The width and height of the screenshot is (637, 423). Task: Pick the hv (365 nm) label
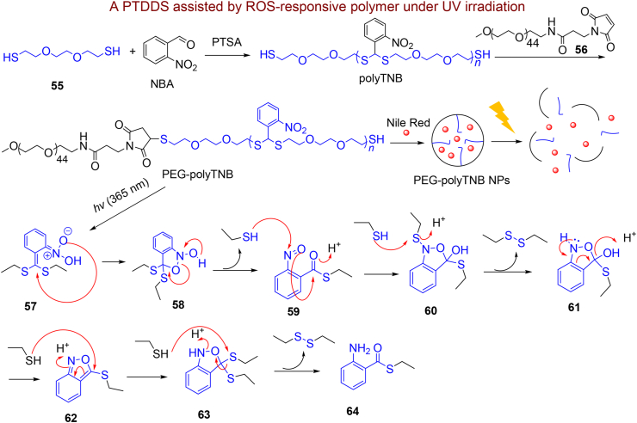coord(122,203)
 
